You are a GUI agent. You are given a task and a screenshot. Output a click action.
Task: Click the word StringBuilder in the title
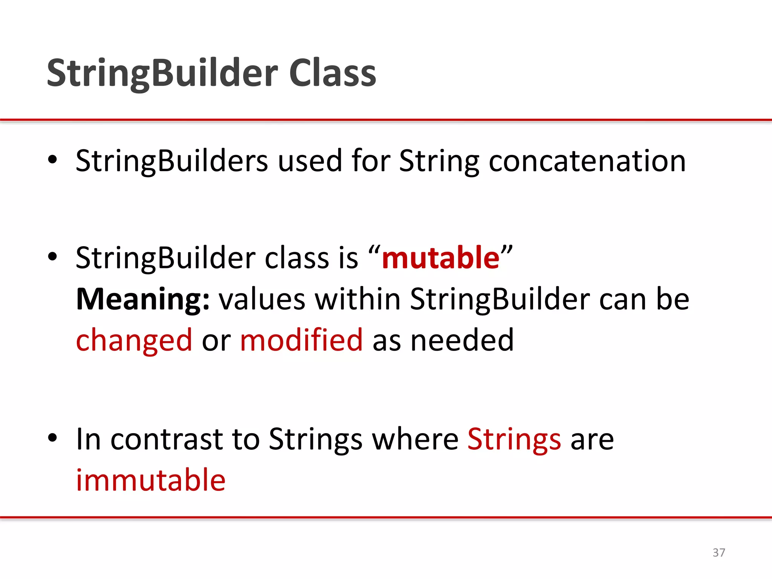click(x=162, y=73)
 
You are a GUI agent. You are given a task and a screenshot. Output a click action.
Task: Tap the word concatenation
click(x=587, y=161)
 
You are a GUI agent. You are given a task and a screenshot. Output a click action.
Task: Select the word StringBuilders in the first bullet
click(x=172, y=161)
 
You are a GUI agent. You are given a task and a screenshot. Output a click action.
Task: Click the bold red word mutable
click(x=440, y=258)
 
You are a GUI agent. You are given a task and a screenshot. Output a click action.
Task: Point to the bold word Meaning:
click(x=142, y=299)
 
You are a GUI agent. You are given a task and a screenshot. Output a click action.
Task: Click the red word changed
click(x=134, y=340)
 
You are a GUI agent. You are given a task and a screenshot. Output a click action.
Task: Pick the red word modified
click(x=301, y=340)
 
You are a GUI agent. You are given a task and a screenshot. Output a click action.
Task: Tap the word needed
click(x=462, y=340)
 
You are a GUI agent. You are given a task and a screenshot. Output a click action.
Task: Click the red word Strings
click(x=514, y=440)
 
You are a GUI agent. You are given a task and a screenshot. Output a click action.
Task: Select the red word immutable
click(x=151, y=480)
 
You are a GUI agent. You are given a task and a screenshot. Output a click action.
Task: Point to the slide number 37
click(x=718, y=553)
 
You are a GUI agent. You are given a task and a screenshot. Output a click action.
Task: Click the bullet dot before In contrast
click(x=52, y=438)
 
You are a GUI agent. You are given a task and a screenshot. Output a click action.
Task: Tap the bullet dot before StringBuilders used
click(x=52, y=160)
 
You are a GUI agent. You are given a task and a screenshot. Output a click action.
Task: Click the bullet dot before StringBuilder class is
click(x=52, y=257)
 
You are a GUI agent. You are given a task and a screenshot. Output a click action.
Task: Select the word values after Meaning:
click(x=262, y=299)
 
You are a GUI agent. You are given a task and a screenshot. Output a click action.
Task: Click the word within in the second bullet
click(x=357, y=299)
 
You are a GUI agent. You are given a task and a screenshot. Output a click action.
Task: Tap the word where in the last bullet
click(x=415, y=440)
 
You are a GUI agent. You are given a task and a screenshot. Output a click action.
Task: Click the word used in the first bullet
click(x=310, y=161)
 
